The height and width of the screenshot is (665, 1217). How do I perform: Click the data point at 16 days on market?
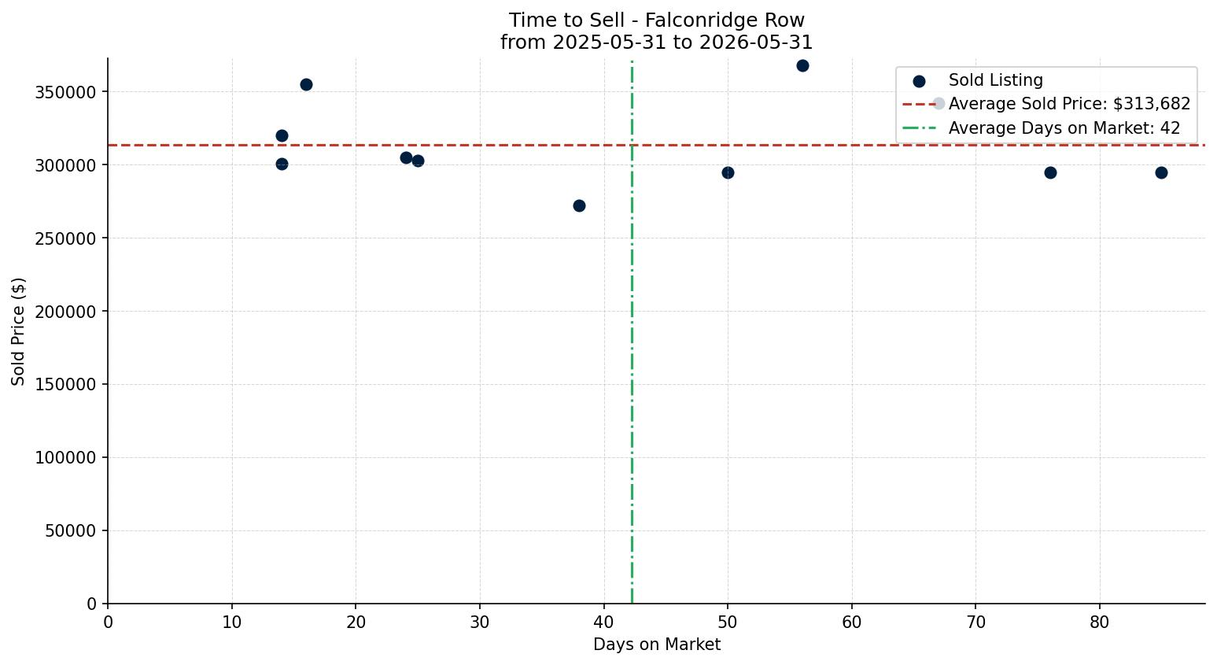click(x=306, y=85)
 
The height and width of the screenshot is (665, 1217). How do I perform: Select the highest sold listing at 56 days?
click(x=802, y=66)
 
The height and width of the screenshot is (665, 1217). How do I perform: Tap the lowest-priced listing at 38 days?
click(x=579, y=206)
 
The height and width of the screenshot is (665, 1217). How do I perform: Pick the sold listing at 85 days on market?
click(x=1161, y=173)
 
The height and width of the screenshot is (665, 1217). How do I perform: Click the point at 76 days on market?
click(x=1050, y=173)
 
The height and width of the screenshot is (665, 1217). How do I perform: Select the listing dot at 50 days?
click(x=728, y=173)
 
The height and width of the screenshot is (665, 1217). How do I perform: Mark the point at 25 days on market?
click(x=418, y=161)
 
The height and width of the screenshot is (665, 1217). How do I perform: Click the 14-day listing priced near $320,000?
click(x=282, y=136)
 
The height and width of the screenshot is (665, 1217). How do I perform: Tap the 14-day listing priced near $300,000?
click(x=282, y=164)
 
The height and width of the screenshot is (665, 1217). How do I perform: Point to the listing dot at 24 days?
click(x=406, y=158)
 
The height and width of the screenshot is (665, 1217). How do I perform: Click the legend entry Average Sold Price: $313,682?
click(x=1046, y=104)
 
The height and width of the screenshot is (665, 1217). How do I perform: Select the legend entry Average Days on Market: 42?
click(x=1042, y=128)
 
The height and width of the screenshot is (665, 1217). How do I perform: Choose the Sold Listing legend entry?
click(x=978, y=80)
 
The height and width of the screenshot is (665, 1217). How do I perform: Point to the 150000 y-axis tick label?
click(x=65, y=385)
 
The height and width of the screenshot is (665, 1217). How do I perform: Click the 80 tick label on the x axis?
click(x=1099, y=623)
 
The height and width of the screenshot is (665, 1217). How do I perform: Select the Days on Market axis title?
click(x=656, y=645)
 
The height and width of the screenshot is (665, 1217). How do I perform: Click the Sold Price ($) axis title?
click(x=18, y=331)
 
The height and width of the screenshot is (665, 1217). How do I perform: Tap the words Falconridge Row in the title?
click(x=725, y=20)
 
